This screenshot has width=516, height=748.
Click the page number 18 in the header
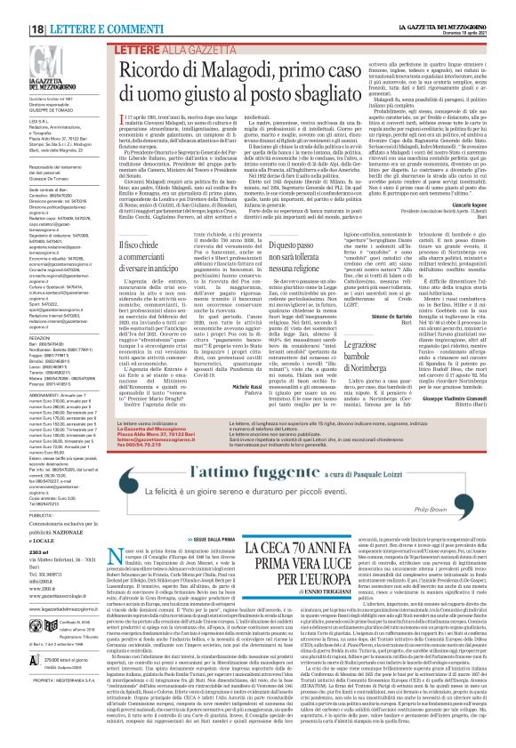(x=12, y=7)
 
